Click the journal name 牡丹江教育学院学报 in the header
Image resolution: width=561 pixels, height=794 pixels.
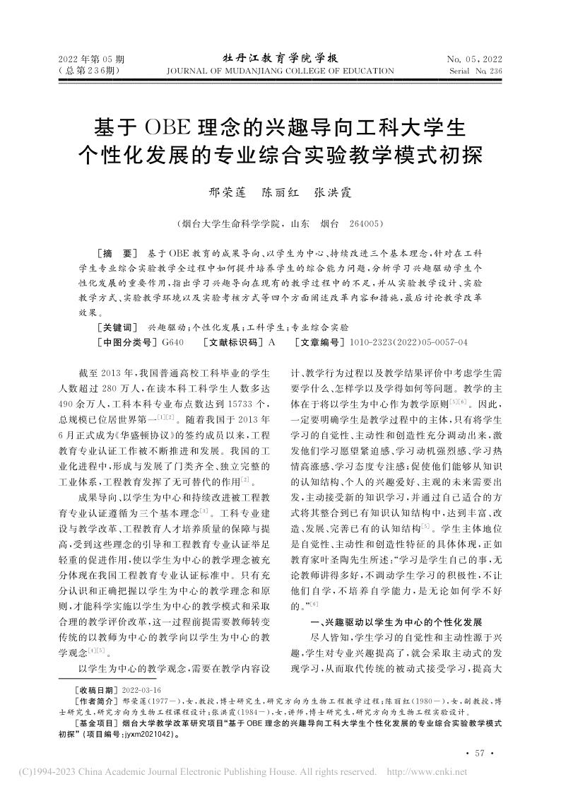(x=280, y=58)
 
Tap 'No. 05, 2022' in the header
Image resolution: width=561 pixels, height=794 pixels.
(x=474, y=59)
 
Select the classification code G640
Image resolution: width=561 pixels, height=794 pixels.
(x=173, y=342)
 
